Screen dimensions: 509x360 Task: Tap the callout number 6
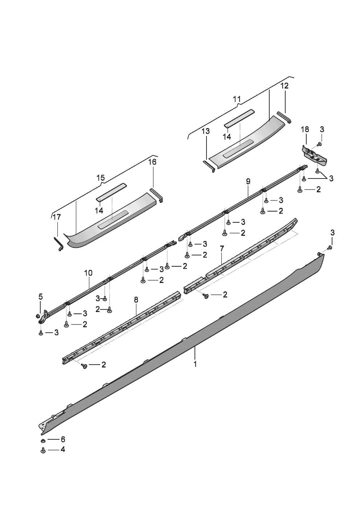pos(62,439)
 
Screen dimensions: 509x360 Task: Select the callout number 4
pos(62,450)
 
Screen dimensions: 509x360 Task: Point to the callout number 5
pos(41,296)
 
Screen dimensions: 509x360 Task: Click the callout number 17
pos(57,217)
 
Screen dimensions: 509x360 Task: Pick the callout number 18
pos(305,129)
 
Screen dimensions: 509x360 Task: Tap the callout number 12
pos(285,86)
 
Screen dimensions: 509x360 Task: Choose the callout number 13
pos(206,131)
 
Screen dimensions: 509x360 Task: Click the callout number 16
pos(152,162)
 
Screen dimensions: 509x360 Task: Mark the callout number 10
pos(88,273)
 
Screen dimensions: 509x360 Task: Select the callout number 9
pos(248,181)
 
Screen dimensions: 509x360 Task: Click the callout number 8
pos(136,300)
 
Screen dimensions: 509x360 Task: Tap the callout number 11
pos(237,99)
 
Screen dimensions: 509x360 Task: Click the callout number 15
pos(101,178)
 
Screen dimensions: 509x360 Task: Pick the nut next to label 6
pos(43,440)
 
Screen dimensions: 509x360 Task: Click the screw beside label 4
pos(43,450)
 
